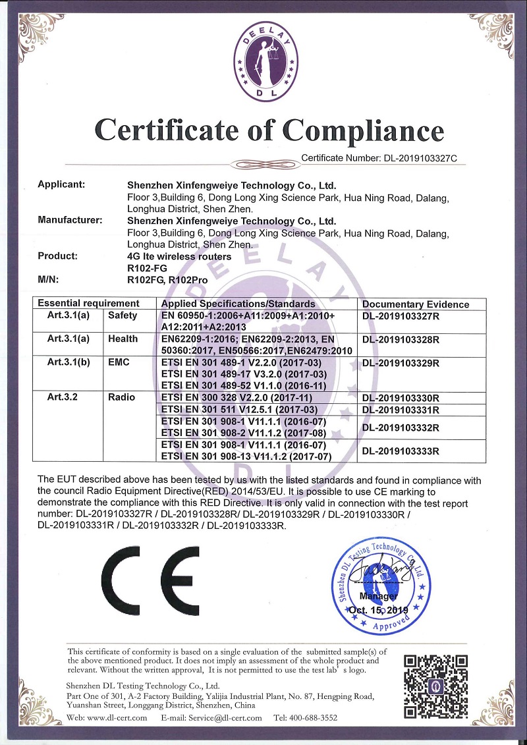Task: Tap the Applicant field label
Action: click(x=62, y=184)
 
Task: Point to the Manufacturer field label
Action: click(x=70, y=220)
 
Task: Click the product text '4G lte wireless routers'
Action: click(x=179, y=256)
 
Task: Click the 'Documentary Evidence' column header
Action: click(x=416, y=304)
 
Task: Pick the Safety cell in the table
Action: click(x=124, y=316)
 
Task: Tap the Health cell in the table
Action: click(x=124, y=339)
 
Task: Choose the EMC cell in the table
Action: click(x=119, y=362)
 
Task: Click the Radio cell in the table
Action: click(x=121, y=397)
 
